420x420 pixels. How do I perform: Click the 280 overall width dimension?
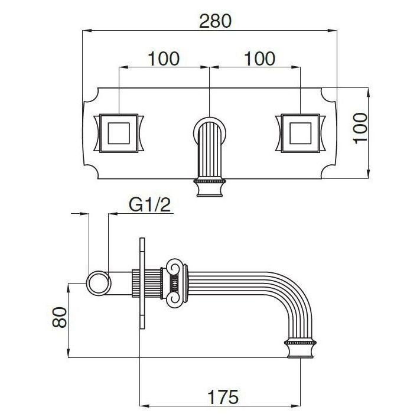(x=215, y=21)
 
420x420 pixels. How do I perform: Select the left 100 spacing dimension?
(x=164, y=58)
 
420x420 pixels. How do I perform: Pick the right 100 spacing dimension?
(x=259, y=58)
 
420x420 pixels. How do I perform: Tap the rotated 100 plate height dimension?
(x=360, y=128)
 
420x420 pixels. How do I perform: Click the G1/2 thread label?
(x=149, y=205)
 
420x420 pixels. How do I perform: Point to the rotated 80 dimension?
(x=60, y=317)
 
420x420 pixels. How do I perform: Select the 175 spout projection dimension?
(x=223, y=396)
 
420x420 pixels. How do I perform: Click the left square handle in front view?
(x=119, y=133)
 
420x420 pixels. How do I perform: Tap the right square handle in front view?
(x=301, y=133)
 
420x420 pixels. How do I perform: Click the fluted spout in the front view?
(x=210, y=150)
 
